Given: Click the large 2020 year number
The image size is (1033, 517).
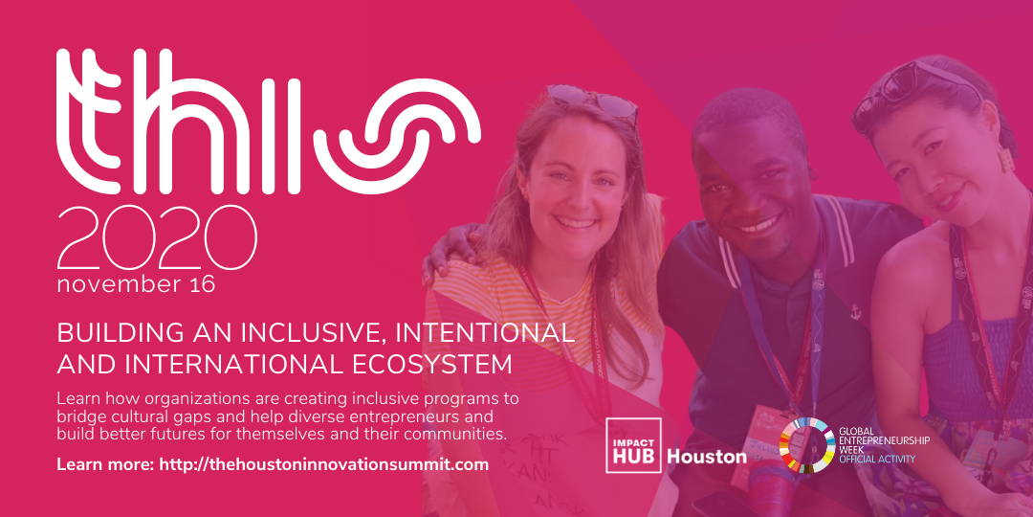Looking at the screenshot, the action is tap(157, 237).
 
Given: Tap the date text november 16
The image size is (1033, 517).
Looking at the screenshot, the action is tap(137, 285).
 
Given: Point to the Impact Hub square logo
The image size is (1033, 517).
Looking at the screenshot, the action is tap(634, 445).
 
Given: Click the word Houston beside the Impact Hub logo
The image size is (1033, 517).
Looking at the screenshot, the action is tap(707, 457).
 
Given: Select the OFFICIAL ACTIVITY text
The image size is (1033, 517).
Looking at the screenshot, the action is tap(877, 459).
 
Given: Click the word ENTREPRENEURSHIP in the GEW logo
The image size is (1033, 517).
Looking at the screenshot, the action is tap(884, 439).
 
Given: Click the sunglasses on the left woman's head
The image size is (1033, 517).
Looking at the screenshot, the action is tap(595, 101).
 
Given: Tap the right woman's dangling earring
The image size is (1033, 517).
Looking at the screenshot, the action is tap(1006, 158).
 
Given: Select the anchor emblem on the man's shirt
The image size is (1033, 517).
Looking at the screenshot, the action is tap(855, 311).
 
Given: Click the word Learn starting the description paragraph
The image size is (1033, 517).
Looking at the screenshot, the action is tap(74, 399).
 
